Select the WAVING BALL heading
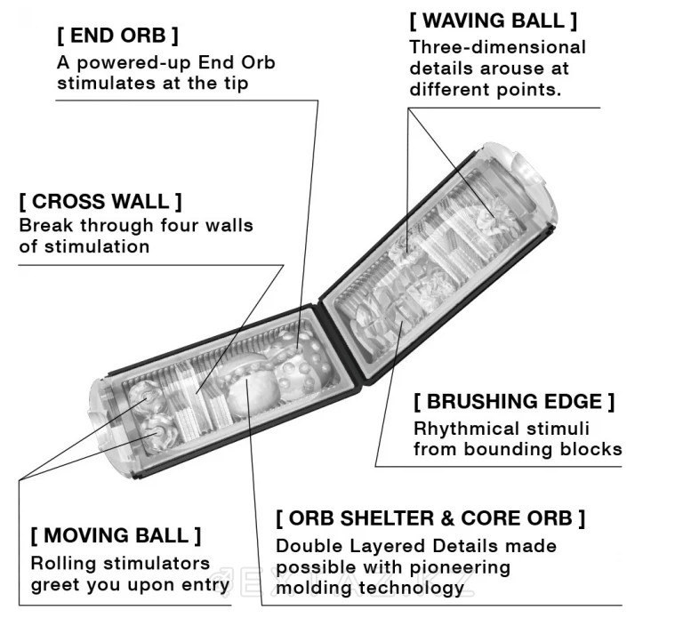click(x=493, y=20)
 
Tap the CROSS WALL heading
click(x=100, y=201)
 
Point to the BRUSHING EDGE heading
click(x=514, y=401)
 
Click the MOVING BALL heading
click(x=116, y=535)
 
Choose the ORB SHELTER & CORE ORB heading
click(x=430, y=518)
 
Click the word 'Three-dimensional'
click(x=497, y=46)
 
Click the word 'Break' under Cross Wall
click(x=45, y=225)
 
